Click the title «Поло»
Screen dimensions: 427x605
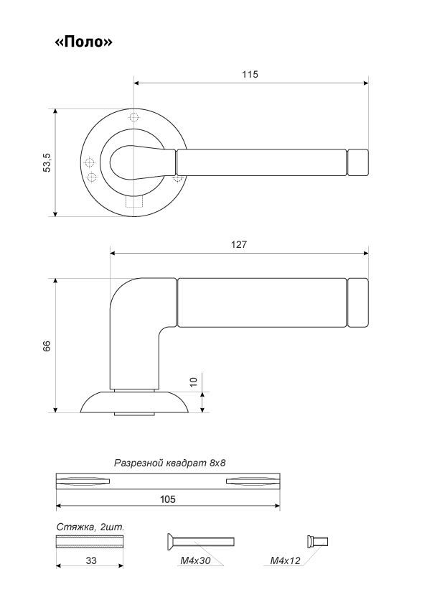[x=84, y=41]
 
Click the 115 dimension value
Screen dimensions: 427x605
[x=250, y=74]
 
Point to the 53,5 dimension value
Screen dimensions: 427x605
[x=47, y=162]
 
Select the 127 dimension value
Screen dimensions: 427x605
[x=239, y=244]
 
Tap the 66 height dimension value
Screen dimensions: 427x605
[x=47, y=346]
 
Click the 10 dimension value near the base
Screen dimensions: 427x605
[x=194, y=382]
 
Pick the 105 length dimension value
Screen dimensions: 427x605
[x=168, y=499]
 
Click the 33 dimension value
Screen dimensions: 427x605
[x=91, y=560]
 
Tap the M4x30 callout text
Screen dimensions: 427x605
[x=195, y=560]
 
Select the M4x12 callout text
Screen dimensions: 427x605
[x=285, y=560]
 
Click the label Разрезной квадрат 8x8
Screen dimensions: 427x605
[x=169, y=463]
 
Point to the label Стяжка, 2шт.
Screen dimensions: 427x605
[x=90, y=527]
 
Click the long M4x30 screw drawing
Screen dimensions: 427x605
[x=200, y=542]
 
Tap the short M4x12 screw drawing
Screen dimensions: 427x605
[x=317, y=541]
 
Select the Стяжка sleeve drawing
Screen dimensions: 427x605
[x=90, y=541]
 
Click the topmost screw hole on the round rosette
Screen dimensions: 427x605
[x=133, y=117]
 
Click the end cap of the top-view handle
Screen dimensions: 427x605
[x=357, y=162]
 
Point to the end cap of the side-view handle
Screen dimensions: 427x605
[x=357, y=303]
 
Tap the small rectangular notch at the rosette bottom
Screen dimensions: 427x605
[x=134, y=202]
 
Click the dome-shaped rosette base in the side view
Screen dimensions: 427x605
[x=134, y=402]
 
